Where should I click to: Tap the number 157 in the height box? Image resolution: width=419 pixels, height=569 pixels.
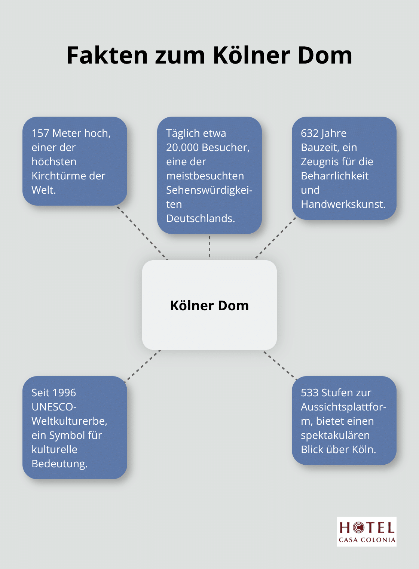tap(40, 133)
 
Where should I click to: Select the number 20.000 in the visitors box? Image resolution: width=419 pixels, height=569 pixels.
tap(182, 148)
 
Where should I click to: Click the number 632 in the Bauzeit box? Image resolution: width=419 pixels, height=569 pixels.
tap(309, 133)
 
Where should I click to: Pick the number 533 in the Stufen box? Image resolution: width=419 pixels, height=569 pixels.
tap(309, 393)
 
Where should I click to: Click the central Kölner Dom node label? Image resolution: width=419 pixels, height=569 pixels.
tap(209, 306)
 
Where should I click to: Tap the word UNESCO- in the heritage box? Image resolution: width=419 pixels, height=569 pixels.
tap(54, 407)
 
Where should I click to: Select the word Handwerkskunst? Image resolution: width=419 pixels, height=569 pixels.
tap(343, 204)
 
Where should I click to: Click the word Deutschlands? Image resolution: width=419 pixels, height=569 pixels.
tap(201, 219)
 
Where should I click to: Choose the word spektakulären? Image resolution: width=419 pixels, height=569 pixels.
tap(335, 436)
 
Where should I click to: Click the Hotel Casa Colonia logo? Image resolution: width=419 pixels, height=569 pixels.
tap(366, 532)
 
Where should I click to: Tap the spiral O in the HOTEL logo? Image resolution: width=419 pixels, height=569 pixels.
tap(358, 528)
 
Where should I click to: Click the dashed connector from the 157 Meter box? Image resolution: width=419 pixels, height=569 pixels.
tap(143, 233)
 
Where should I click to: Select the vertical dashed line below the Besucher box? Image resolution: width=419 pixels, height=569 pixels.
tap(209, 247)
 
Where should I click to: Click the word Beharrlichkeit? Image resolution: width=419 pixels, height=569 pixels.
tap(334, 176)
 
